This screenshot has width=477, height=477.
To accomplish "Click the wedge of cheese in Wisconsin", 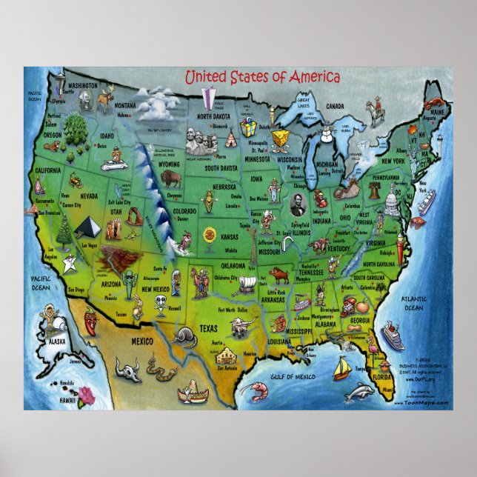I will pyautogui.click(x=279, y=139).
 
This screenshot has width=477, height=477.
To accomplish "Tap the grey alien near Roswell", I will pyautogui.click(x=160, y=304).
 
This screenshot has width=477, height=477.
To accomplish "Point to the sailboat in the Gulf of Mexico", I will pyautogui.click(x=341, y=366).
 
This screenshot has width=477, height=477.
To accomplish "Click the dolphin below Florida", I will pyautogui.click(x=359, y=393).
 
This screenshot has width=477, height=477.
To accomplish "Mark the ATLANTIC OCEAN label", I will pyautogui.click(x=413, y=303).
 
